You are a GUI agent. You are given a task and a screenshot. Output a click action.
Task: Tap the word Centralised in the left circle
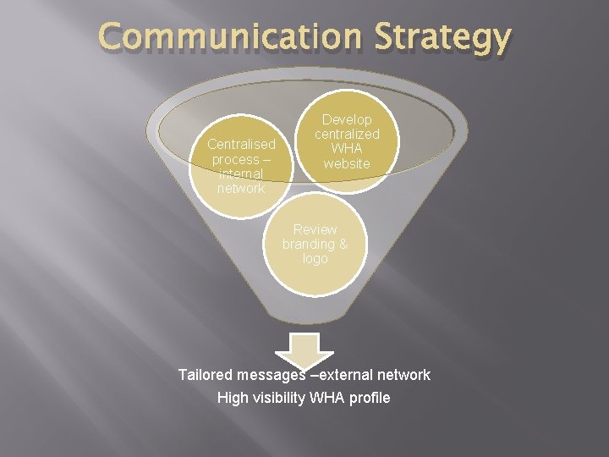coord(241,144)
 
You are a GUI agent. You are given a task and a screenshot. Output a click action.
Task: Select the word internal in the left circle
coord(241,173)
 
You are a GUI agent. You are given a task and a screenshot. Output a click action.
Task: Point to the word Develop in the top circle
coord(347,120)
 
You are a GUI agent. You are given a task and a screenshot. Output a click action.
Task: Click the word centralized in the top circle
coord(347,135)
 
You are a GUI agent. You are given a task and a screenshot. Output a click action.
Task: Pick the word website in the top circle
coord(347,163)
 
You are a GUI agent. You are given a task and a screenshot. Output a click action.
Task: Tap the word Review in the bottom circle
coord(315,229)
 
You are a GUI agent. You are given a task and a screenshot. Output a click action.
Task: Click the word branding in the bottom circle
coord(307,244)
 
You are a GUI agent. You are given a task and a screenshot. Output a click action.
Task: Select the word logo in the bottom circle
coord(315,258)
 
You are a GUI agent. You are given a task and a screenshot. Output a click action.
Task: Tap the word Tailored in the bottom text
coord(206,374)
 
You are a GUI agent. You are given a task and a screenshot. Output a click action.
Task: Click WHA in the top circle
coord(347,149)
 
